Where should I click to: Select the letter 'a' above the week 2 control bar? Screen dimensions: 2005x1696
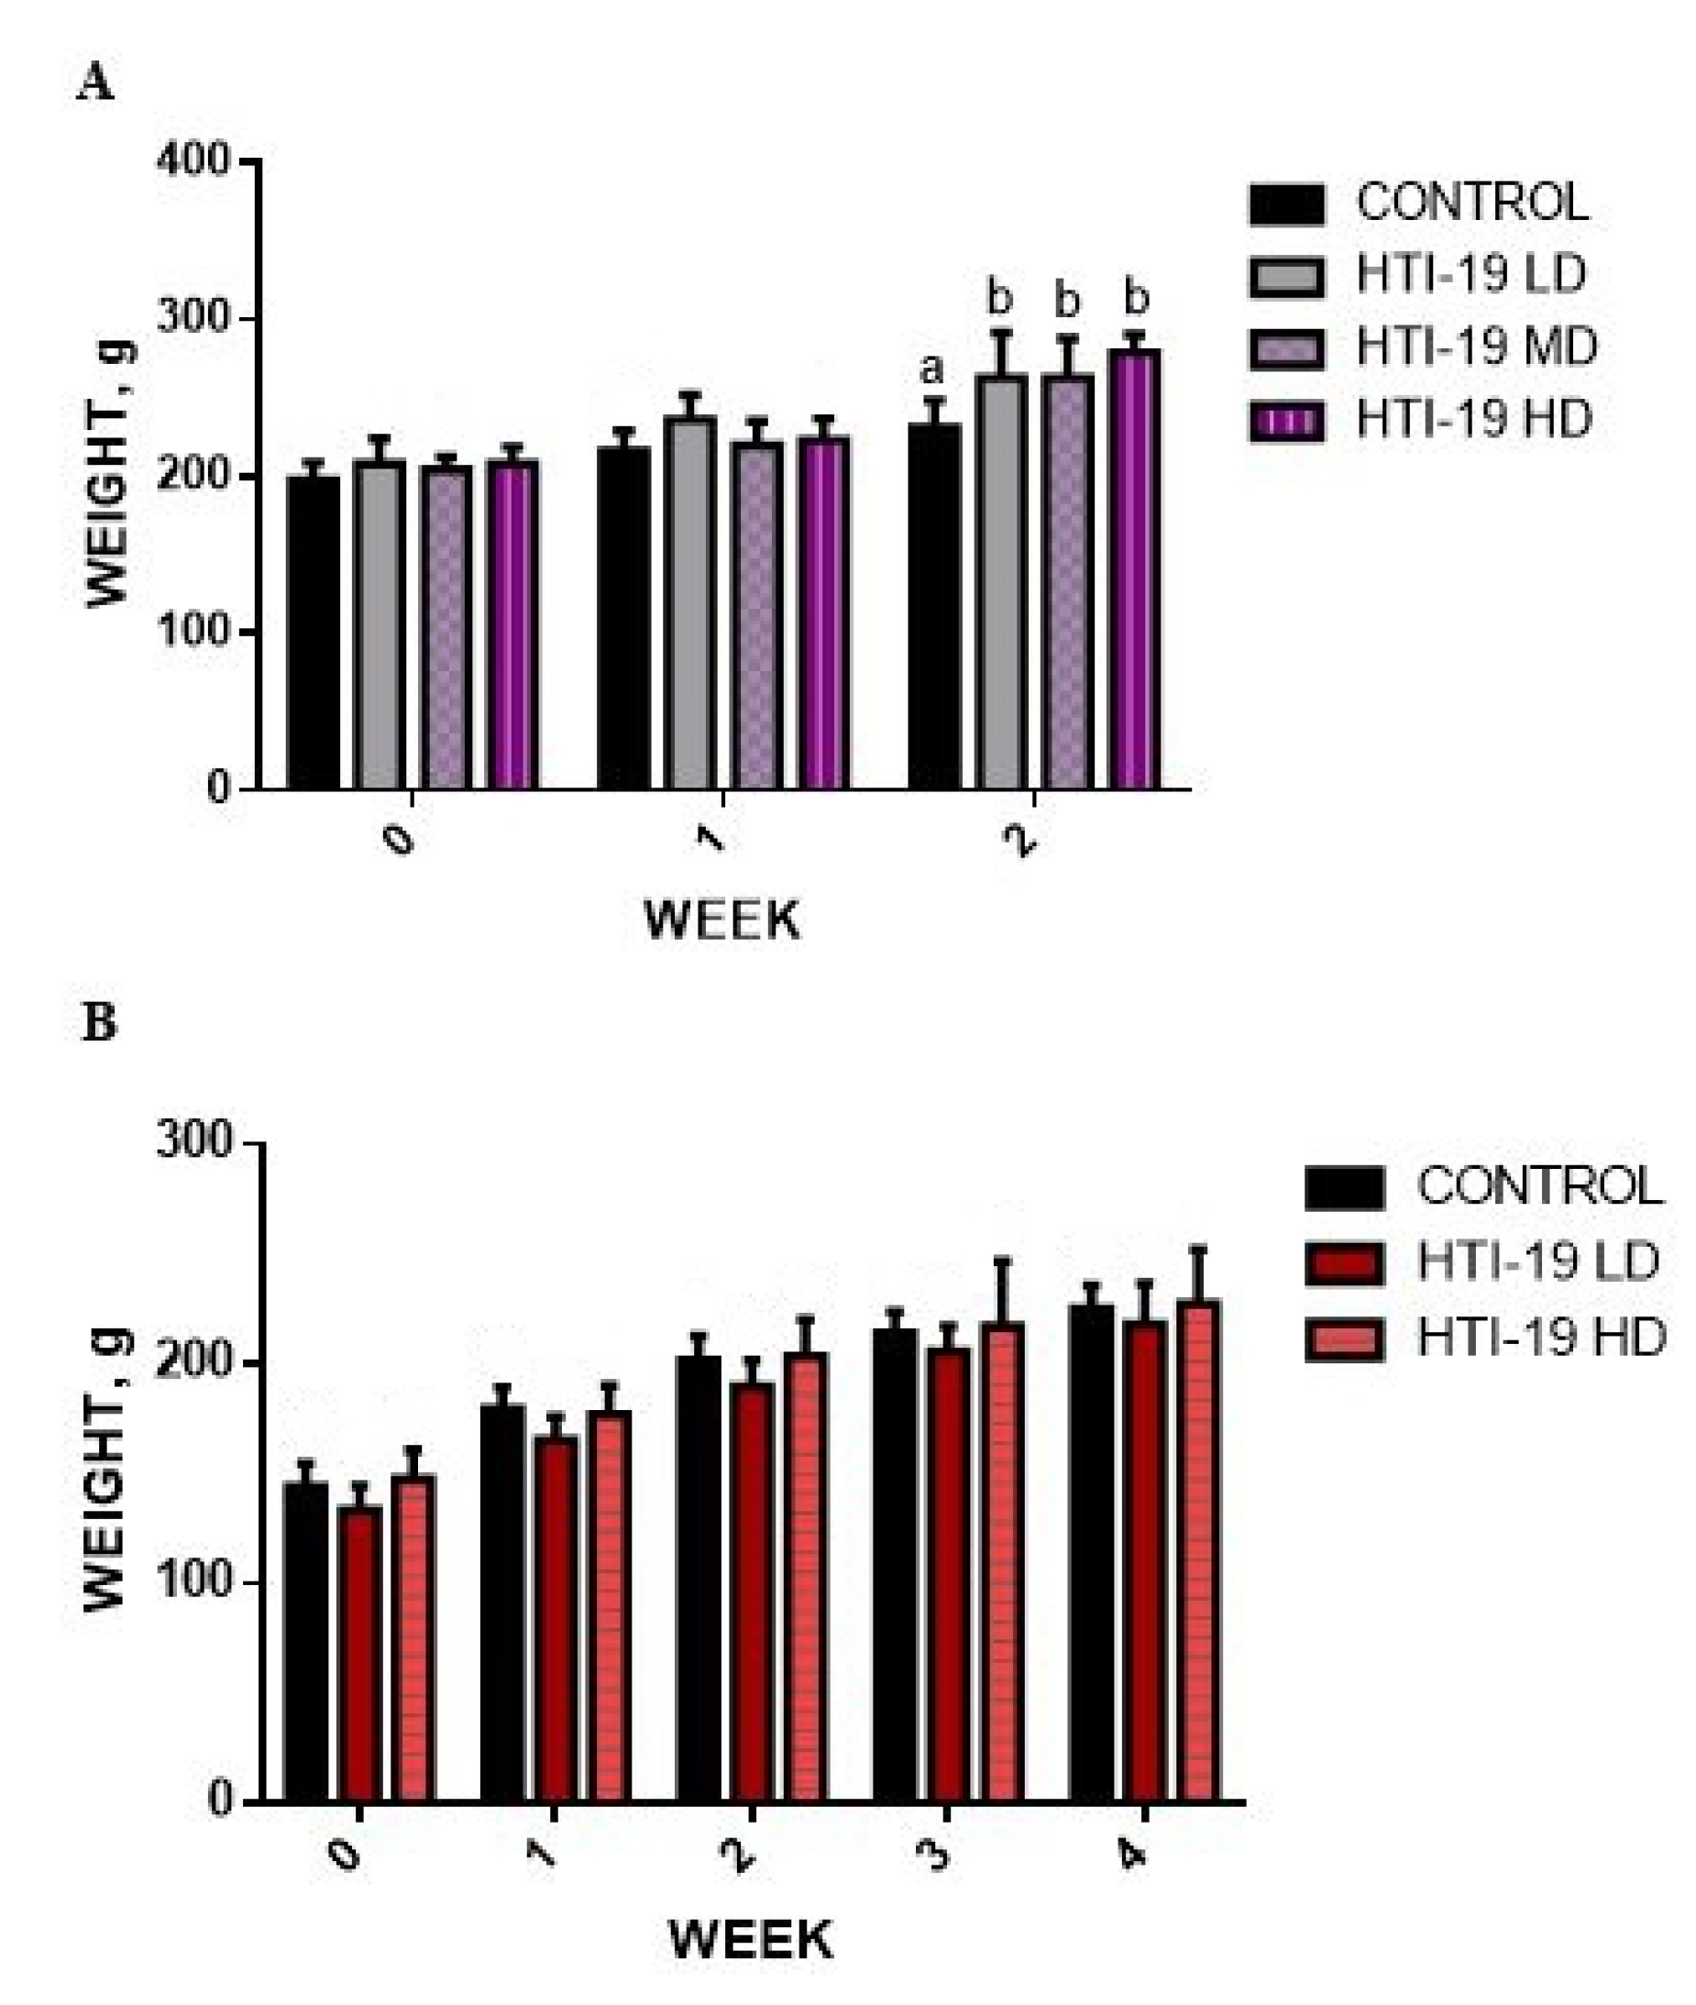coord(931,369)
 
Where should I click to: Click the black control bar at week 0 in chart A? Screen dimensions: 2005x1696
coord(314,634)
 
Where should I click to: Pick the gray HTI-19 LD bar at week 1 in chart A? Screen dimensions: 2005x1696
coord(689,606)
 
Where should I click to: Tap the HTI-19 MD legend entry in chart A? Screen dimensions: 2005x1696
coord(1423,347)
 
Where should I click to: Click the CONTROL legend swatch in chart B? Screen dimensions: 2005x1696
coord(1344,1187)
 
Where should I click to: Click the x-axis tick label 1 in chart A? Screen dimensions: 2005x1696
coord(711,841)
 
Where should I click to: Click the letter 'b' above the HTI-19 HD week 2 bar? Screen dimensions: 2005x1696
coord(1137,299)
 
